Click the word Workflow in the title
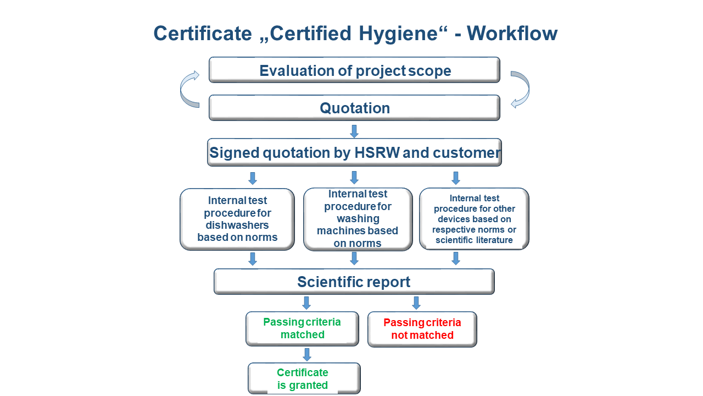click(x=512, y=33)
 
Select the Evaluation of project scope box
click(x=354, y=70)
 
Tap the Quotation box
click(x=354, y=108)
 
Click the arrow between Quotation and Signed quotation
click(x=354, y=131)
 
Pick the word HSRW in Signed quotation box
click(x=377, y=153)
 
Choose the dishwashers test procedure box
click(x=237, y=219)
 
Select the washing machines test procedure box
click(x=358, y=219)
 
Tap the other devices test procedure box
click(x=474, y=219)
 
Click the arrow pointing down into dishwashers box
click(x=253, y=178)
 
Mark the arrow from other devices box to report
click(x=456, y=258)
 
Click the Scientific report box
click(x=354, y=282)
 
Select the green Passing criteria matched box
click(x=302, y=329)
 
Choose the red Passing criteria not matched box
click(x=422, y=329)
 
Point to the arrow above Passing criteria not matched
click(x=416, y=303)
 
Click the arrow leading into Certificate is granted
click(x=307, y=355)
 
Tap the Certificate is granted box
click(x=304, y=379)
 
